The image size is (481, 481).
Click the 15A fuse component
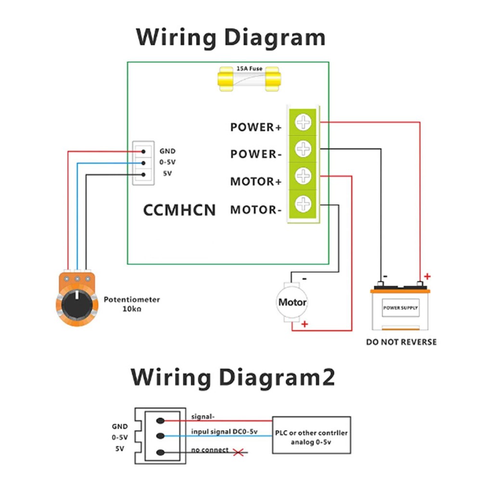(249, 79)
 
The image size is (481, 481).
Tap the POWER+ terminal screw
(303, 122)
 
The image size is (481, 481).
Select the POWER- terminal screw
(303, 149)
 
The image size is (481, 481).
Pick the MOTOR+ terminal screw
(303, 176)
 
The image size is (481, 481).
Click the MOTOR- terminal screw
(303, 204)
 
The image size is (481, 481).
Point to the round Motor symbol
(292, 303)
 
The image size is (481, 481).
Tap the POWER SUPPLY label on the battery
(400, 307)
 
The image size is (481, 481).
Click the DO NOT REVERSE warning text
(401, 342)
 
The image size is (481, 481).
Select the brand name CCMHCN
(179, 210)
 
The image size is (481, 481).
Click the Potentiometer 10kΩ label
(131, 304)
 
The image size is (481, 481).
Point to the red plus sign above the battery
(427, 277)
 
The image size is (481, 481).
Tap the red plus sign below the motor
(304, 325)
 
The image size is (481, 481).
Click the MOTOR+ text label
(255, 182)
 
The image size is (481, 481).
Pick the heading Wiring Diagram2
(233, 377)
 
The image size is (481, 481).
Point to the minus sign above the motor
(304, 278)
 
